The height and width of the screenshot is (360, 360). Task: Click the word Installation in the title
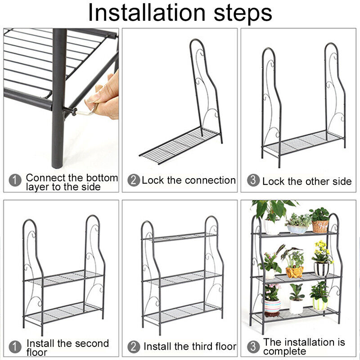[x=147, y=13]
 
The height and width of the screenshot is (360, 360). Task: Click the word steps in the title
[x=243, y=14]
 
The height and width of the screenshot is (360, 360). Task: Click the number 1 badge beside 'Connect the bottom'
[x=15, y=180]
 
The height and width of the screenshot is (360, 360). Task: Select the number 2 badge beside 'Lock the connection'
[x=134, y=180]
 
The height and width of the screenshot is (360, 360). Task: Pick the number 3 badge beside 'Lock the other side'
[x=253, y=180]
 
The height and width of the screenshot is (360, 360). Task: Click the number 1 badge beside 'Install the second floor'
[x=15, y=346]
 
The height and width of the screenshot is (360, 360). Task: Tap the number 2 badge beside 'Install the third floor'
[x=134, y=346]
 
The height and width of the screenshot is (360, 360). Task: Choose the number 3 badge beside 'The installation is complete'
[x=253, y=346]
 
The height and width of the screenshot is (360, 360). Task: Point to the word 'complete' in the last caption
[x=285, y=351]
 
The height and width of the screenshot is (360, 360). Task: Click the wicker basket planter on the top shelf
[x=320, y=226]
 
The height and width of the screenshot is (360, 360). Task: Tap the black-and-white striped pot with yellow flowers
[x=321, y=269]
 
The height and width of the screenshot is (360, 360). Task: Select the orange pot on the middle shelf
[x=295, y=272]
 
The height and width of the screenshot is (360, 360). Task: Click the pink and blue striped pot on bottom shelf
[x=273, y=308]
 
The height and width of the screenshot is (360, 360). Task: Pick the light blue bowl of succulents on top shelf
[x=297, y=229]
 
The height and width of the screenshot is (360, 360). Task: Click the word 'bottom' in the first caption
[x=102, y=178]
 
